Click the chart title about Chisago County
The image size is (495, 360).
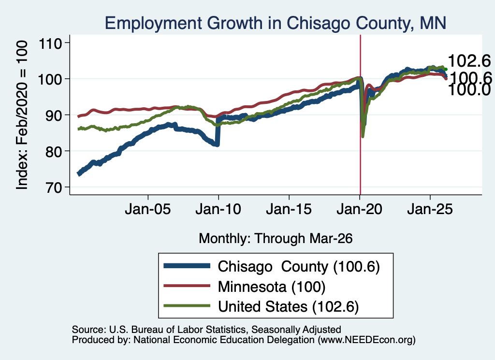(275, 23)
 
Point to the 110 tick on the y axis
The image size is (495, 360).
(50, 43)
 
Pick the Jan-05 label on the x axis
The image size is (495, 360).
(148, 209)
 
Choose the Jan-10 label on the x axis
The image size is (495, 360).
(218, 209)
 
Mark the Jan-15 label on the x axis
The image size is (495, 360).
(289, 209)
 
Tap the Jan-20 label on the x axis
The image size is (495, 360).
(360, 209)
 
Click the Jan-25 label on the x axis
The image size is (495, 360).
(430, 209)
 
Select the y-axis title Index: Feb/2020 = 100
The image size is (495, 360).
(22, 115)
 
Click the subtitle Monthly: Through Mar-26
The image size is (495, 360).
(276, 239)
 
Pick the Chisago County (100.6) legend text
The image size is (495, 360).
(299, 267)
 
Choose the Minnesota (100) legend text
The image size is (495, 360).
(272, 287)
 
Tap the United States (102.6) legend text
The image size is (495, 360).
(288, 307)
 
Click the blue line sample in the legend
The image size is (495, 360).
(187, 266)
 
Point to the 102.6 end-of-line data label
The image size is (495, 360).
(469, 60)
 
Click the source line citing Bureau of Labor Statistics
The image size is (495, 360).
(206, 330)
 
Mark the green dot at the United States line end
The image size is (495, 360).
(446, 70)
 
